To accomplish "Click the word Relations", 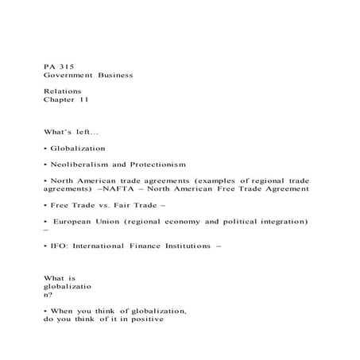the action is point(63,91).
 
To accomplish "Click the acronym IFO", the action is point(57,247).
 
